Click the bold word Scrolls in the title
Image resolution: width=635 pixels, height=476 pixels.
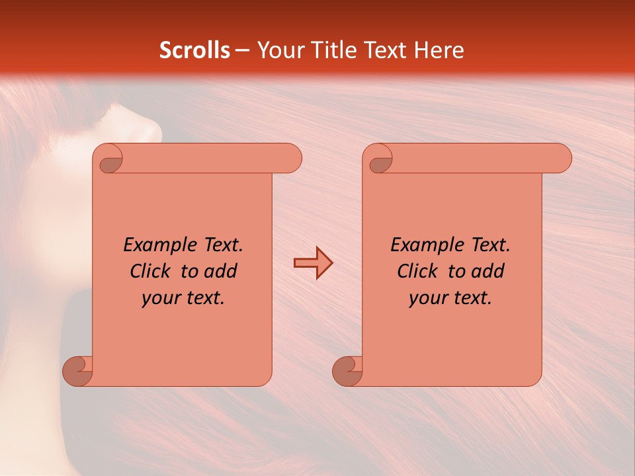[x=194, y=50]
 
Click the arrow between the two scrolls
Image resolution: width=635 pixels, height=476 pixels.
[x=313, y=263]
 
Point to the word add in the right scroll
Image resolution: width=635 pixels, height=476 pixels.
[x=487, y=271]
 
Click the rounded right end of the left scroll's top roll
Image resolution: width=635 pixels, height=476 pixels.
[x=292, y=159]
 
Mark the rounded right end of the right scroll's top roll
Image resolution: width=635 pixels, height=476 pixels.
[x=562, y=159]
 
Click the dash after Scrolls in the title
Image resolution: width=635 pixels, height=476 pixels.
[x=242, y=50]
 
